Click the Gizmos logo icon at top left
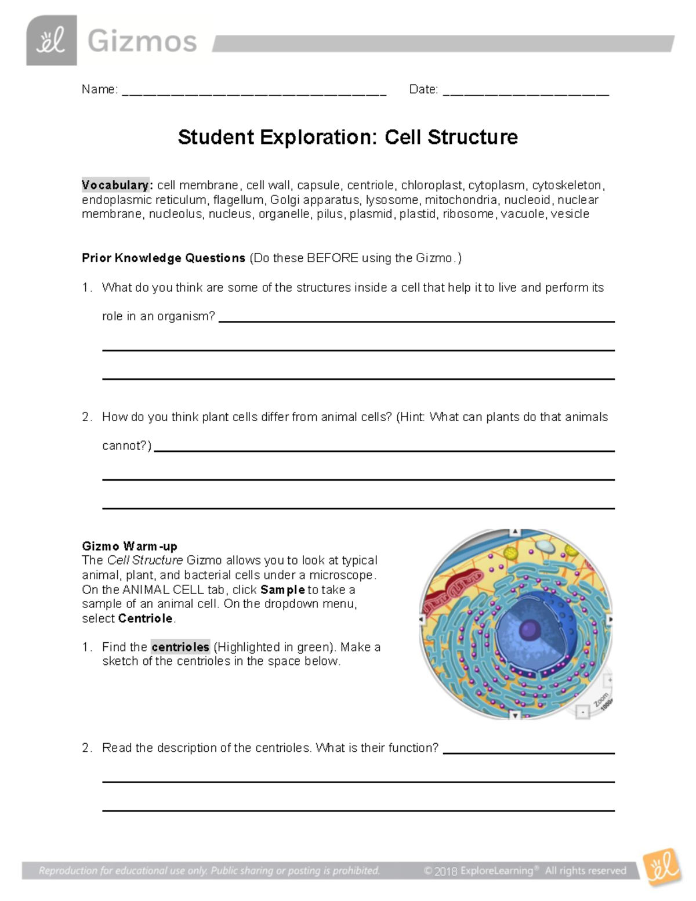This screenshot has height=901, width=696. click(51, 41)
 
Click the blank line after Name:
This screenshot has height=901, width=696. click(254, 92)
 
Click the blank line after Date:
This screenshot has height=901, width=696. click(525, 92)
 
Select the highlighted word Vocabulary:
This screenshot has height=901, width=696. click(115, 185)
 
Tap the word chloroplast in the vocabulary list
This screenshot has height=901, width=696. click(432, 185)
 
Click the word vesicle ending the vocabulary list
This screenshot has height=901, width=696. click(570, 214)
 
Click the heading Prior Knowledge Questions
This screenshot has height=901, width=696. click(164, 258)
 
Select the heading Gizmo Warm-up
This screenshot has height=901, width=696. click(129, 546)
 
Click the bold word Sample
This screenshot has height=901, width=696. click(282, 589)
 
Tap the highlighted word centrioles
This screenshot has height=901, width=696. click(180, 647)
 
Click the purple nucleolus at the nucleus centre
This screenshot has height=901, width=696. click(529, 629)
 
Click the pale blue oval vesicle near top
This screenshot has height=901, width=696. click(543, 547)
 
